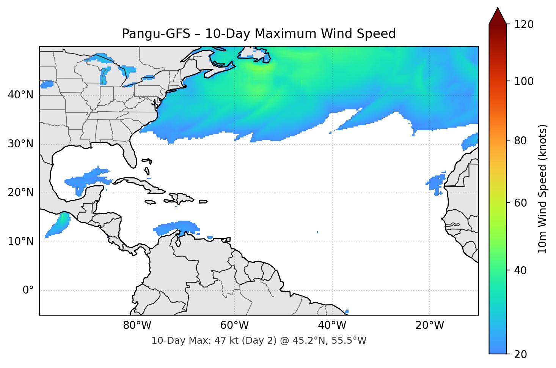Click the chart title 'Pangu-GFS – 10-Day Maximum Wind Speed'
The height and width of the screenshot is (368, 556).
pyautogui.click(x=259, y=34)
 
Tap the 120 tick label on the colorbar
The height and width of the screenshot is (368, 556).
pyautogui.click(x=523, y=24)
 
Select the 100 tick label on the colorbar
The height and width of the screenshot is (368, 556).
pyautogui.click(x=523, y=81)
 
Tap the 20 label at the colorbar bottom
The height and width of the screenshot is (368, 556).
pyautogui.click(x=520, y=354)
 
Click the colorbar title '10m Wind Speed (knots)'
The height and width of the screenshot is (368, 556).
pyautogui.click(x=543, y=189)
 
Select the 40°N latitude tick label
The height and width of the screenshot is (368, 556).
pyautogui.click(x=20, y=95)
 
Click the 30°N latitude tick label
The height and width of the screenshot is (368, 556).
pyautogui.click(x=20, y=144)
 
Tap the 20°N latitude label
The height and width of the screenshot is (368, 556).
pyautogui.click(x=20, y=193)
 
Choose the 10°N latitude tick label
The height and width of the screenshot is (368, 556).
pyautogui.click(x=20, y=242)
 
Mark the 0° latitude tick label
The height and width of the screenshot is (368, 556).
pyautogui.click(x=28, y=291)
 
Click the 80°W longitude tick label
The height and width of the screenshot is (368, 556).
pyautogui.click(x=137, y=325)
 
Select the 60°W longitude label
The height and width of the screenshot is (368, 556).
pyautogui.click(x=234, y=325)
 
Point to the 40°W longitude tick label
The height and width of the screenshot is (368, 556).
pyautogui.click(x=332, y=325)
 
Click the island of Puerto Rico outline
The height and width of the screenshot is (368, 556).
pyautogui.click(x=203, y=202)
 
